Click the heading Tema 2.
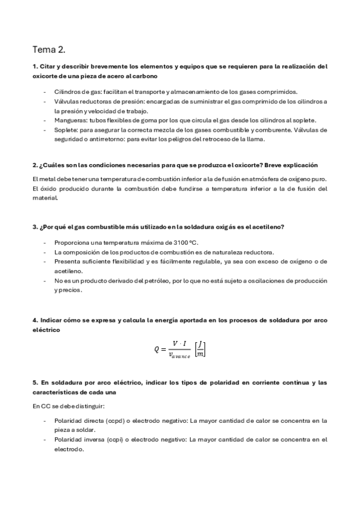49,50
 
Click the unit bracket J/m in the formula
201,349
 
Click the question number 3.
34,226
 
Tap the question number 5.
34,382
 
